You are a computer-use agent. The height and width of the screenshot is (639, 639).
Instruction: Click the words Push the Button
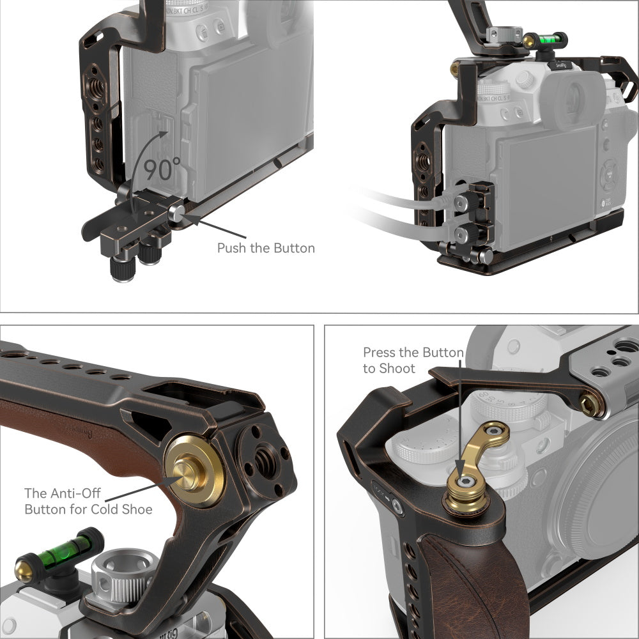[266, 248]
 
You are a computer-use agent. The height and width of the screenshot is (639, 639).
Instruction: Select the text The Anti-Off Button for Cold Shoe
[88, 502]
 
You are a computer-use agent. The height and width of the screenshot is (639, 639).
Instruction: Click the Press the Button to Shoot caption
[413, 360]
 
